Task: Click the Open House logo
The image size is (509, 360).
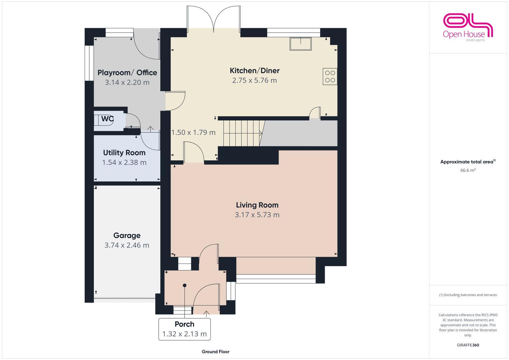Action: [x=468, y=27]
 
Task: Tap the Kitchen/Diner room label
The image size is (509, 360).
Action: [x=254, y=71]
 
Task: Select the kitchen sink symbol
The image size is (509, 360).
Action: [x=300, y=44]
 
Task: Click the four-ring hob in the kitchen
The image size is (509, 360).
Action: [x=330, y=76]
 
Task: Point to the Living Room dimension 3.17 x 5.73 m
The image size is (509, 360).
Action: [x=257, y=215]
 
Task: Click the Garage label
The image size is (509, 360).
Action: [x=127, y=236]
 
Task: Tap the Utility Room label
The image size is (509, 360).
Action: [x=124, y=153]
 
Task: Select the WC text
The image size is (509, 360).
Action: [x=107, y=119]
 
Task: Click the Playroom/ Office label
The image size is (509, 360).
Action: [x=127, y=73]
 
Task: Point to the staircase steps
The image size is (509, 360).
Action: [x=242, y=133]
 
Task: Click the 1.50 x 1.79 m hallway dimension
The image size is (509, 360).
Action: [x=193, y=133]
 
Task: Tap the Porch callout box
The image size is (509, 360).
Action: [x=184, y=329]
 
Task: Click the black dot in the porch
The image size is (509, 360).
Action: [x=184, y=285]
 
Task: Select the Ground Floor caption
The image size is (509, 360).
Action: [x=215, y=352]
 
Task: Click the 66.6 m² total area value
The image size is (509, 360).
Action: [x=468, y=170]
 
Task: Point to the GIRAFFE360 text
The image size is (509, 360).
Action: [x=468, y=345]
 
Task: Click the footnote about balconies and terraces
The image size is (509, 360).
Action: [x=468, y=295]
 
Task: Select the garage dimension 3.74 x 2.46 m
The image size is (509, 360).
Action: [x=127, y=245]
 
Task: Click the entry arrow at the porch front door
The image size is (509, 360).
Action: [x=206, y=313]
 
